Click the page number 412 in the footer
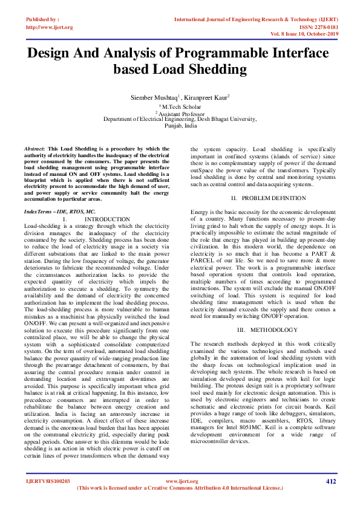click(331, 481)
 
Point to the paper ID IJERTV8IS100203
click(48, 481)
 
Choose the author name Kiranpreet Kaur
click(207, 97)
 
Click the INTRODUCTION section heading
click(107, 219)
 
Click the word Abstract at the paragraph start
click(34, 148)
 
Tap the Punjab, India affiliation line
click(181, 127)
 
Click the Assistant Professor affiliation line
click(181, 113)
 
